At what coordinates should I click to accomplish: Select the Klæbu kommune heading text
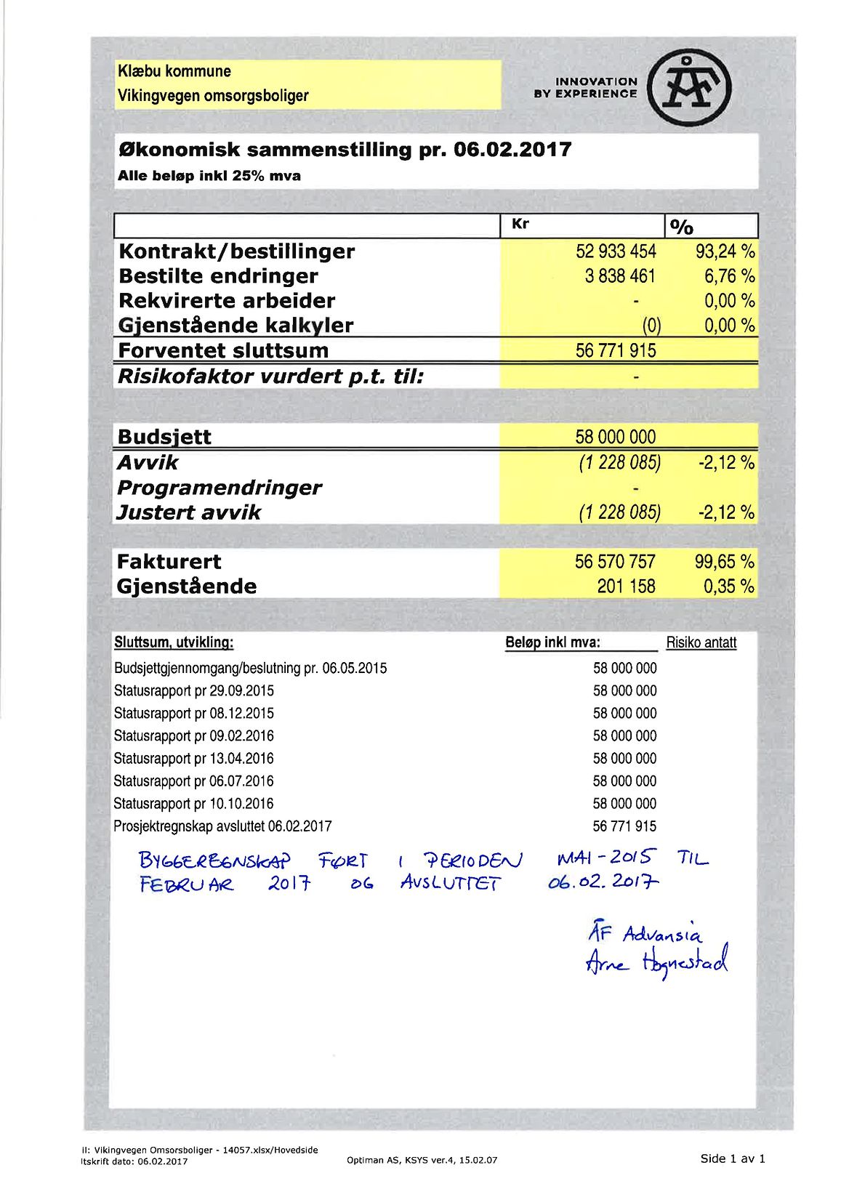(174, 71)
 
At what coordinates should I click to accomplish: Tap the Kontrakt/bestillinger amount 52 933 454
(616, 251)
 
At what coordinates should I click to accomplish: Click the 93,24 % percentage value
(725, 251)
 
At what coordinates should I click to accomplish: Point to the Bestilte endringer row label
(218, 276)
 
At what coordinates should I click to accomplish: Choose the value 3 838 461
(620, 276)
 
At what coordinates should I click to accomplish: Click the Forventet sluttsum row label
(223, 350)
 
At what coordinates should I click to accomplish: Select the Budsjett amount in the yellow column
(615, 437)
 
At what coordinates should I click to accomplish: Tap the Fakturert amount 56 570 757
(615, 561)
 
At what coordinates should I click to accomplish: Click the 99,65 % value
(725, 561)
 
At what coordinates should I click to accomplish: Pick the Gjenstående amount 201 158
(626, 586)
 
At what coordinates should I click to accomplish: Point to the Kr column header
(520, 224)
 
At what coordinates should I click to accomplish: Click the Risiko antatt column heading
(701, 642)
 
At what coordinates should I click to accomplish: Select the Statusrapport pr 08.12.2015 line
(194, 713)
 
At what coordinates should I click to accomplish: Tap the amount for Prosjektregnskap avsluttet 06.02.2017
(624, 826)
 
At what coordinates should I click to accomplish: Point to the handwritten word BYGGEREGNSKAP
(214, 861)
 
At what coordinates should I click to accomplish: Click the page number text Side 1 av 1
(733, 1158)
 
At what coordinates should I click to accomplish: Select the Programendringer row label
(219, 487)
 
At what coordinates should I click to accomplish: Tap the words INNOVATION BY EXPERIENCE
(585, 87)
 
